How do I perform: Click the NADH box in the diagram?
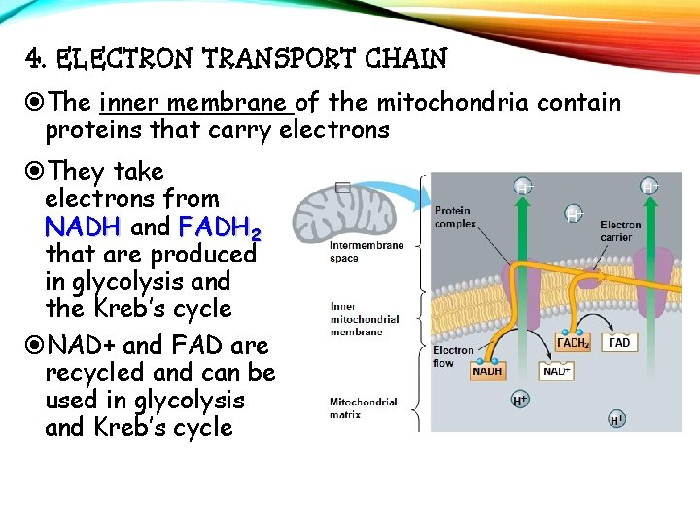[487, 370]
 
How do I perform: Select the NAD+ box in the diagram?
[556, 370]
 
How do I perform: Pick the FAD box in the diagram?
[618, 342]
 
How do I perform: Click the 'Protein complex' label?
[453, 216]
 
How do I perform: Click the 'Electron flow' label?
[453, 356]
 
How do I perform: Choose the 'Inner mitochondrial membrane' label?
[363, 318]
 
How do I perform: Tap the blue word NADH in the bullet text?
[82, 227]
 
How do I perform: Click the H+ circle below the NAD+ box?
[521, 400]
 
